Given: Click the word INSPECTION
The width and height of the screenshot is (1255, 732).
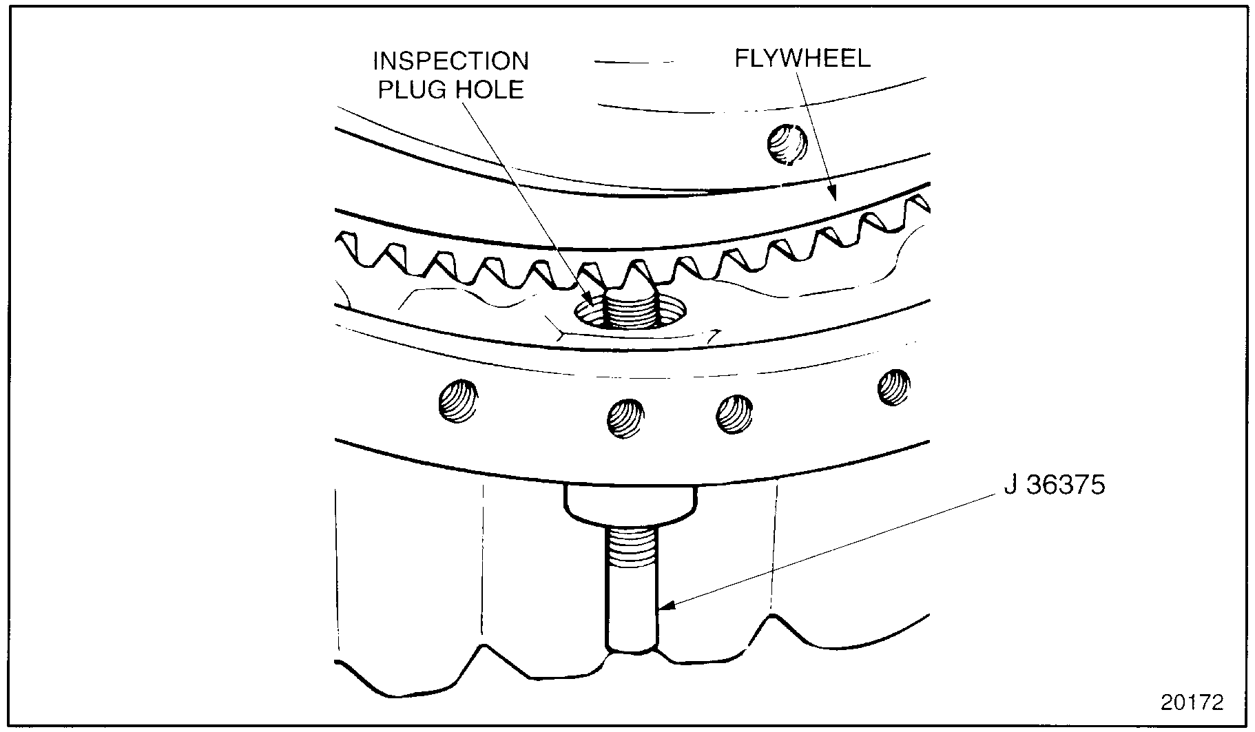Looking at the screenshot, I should click(450, 61).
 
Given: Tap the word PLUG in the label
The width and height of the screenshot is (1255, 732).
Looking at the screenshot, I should click(408, 90).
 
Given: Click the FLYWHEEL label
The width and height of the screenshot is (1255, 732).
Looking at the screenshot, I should click(802, 58).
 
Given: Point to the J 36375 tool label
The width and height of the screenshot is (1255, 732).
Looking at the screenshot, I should click(1054, 485).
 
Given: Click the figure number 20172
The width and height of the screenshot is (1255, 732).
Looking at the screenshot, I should click(1192, 702).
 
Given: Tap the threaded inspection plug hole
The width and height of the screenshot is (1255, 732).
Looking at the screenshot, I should click(630, 312).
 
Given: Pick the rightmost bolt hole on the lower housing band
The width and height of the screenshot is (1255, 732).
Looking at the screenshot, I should click(894, 387).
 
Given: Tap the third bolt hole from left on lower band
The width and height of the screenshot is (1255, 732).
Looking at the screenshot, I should click(734, 414).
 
